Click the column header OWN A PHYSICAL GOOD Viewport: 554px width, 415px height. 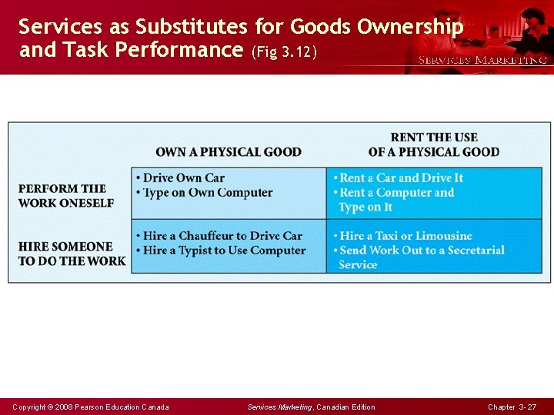(229, 152)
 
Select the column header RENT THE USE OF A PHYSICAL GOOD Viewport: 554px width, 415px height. (434, 144)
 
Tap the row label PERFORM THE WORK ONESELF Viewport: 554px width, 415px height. (66, 195)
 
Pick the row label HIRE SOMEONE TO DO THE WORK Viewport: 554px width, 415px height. (72, 254)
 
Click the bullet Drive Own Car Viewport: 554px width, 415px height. (184, 178)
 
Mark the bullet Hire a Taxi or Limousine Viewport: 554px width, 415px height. (405, 236)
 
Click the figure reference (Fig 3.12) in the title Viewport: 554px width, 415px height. (283, 52)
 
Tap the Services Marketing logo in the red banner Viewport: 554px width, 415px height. (482, 59)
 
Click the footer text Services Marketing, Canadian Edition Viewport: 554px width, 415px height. (312, 407)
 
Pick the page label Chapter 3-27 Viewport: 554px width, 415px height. (512, 407)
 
